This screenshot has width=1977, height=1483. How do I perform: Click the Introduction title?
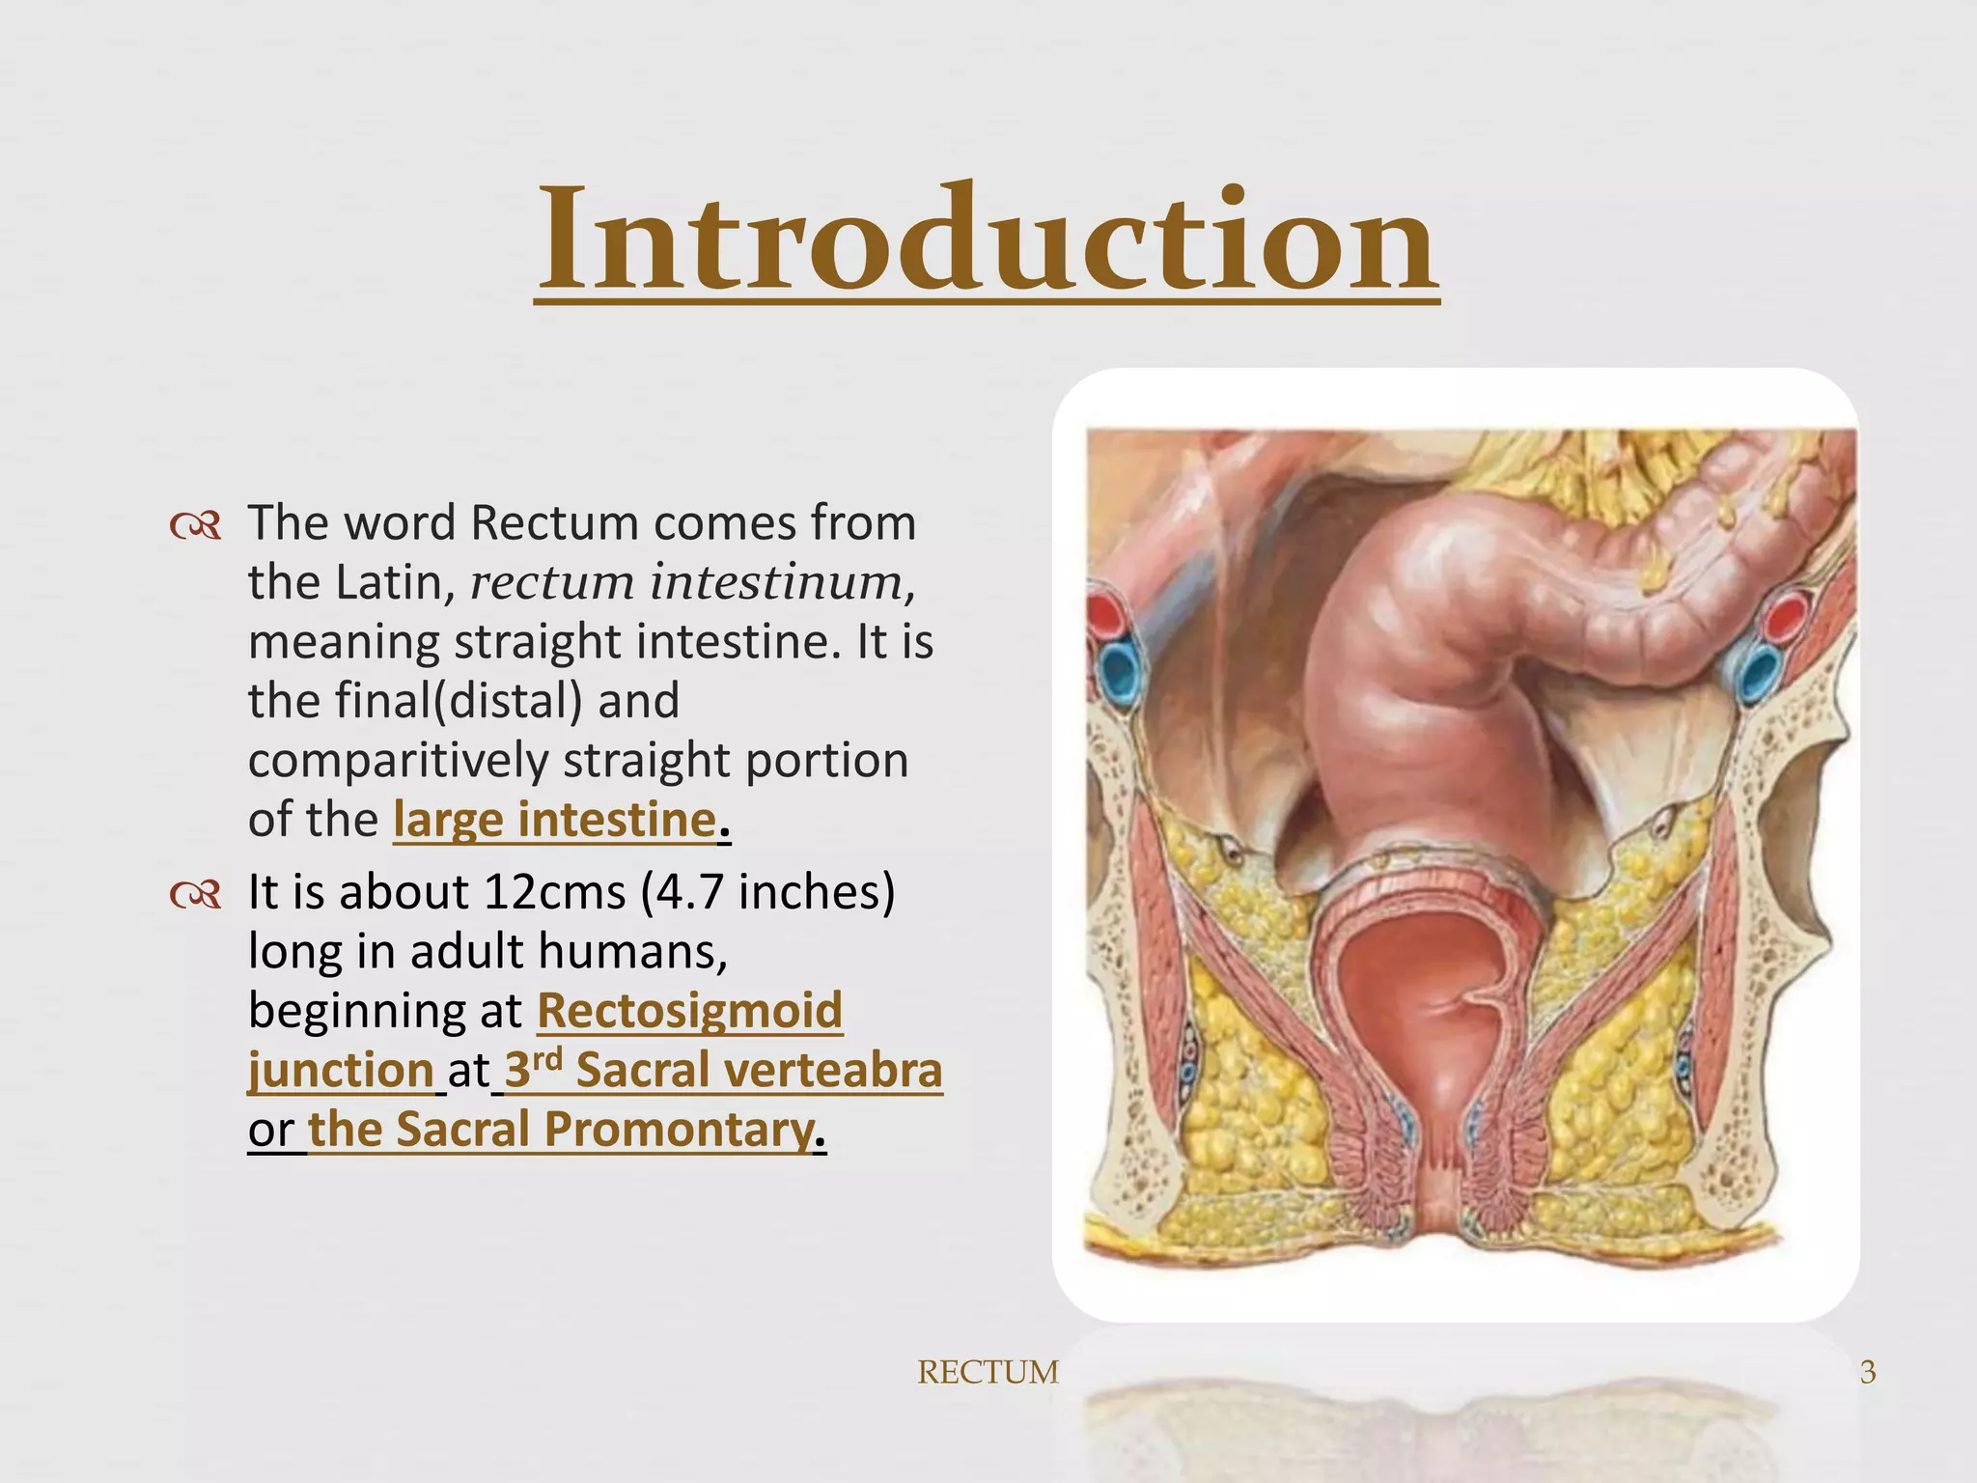click(987, 241)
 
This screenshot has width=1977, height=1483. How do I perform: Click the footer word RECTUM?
click(988, 1372)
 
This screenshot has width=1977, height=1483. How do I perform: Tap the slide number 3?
click(1868, 1372)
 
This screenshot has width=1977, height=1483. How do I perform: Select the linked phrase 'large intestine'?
click(555, 820)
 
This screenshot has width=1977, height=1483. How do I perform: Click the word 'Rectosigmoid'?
click(689, 1011)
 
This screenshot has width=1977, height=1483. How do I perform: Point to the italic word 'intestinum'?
click(776, 582)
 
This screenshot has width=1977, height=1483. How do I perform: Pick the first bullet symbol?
click(196, 526)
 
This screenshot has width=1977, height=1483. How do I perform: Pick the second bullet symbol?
click(196, 895)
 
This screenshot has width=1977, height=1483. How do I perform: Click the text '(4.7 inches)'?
click(767, 892)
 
